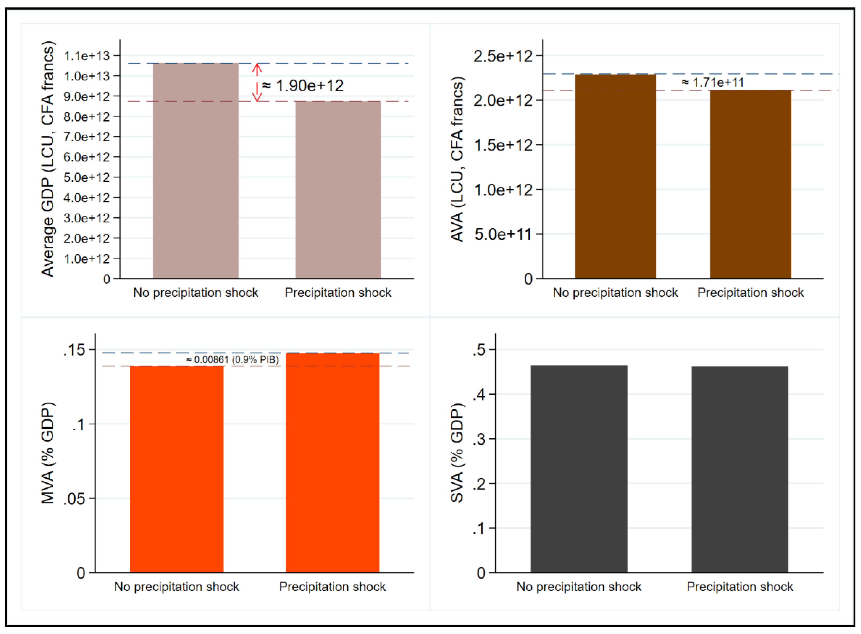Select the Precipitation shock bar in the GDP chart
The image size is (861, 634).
pyautogui.click(x=338, y=190)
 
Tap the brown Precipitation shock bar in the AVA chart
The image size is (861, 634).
pyautogui.click(x=750, y=184)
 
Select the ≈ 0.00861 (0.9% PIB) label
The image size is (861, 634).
pyautogui.click(x=232, y=360)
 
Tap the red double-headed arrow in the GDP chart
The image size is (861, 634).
pyautogui.click(x=257, y=82)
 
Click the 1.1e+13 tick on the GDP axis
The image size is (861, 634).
pyautogui.click(x=87, y=56)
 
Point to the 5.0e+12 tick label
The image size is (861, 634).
pyautogui.click(x=87, y=177)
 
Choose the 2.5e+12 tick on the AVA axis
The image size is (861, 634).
pyautogui.click(x=503, y=56)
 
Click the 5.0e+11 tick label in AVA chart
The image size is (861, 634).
pyautogui.click(x=503, y=234)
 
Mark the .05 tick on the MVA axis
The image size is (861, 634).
pyautogui.click(x=74, y=499)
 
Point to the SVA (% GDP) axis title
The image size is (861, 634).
pyautogui.click(x=457, y=453)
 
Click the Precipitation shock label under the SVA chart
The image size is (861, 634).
pyautogui.click(x=740, y=586)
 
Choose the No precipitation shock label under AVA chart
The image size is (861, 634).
pyautogui.click(x=615, y=293)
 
